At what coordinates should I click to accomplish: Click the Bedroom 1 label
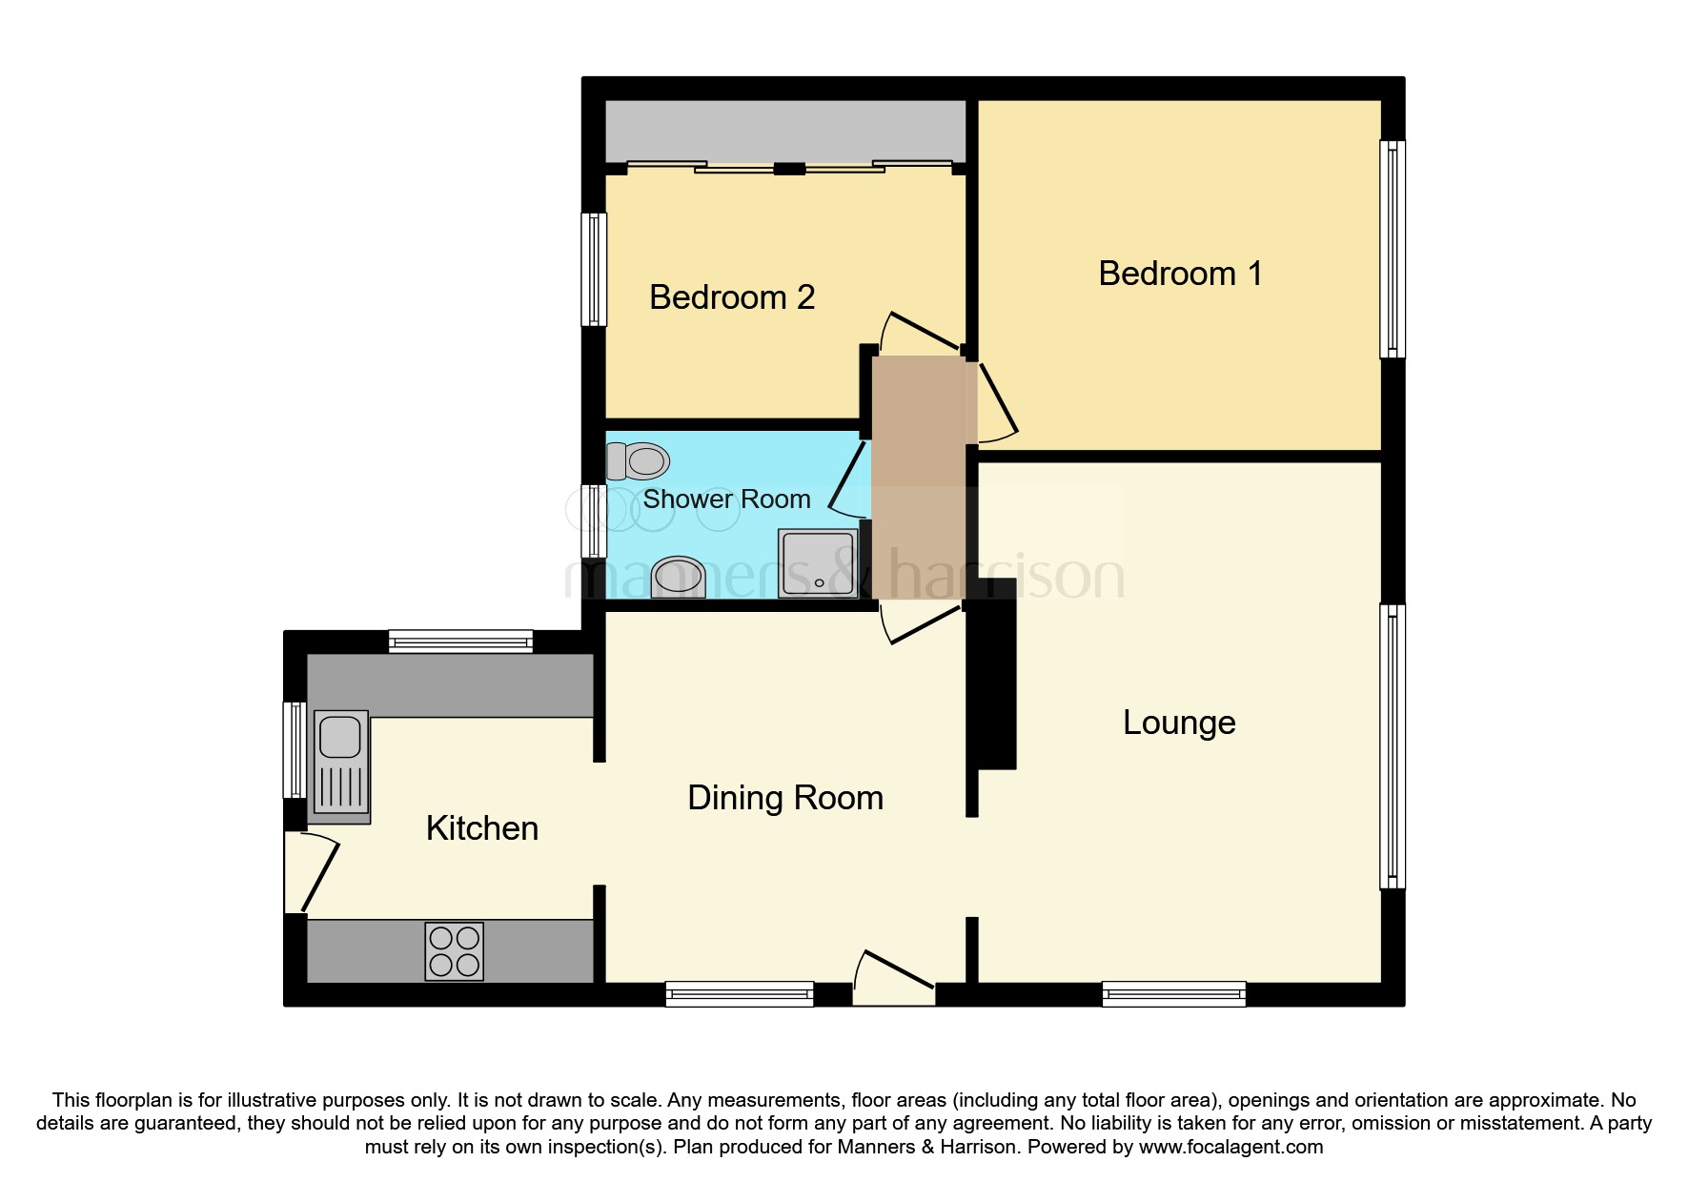click(x=1180, y=274)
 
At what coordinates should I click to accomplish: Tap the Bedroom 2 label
click(x=732, y=297)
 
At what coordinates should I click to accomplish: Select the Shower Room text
click(x=726, y=499)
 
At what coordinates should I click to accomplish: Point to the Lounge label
click(x=1179, y=723)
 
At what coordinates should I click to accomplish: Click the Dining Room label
click(x=785, y=798)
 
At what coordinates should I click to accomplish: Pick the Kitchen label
click(x=482, y=828)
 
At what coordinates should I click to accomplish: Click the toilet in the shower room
click(x=638, y=462)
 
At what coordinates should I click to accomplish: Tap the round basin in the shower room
click(x=679, y=578)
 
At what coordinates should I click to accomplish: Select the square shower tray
click(x=819, y=564)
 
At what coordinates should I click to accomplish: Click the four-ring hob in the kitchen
click(x=455, y=951)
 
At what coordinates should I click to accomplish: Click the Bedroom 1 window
click(x=1393, y=250)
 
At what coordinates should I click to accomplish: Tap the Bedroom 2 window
click(x=594, y=269)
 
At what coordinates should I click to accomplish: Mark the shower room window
click(x=594, y=520)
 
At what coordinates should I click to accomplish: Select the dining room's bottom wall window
click(x=740, y=994)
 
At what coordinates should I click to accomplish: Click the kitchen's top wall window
click(x=460, y=642)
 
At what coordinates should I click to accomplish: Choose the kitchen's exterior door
click(x=310, y=872)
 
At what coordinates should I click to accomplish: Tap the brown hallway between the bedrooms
click(x=920, y=478)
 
